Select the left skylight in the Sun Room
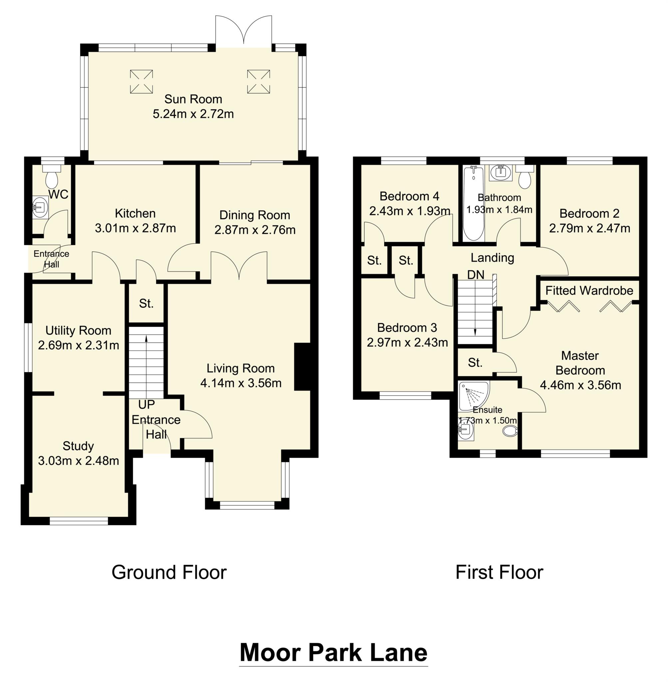pos(142,81)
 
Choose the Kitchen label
pos(135,213)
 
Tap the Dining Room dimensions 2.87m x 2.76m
pos(255,230)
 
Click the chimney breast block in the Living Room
pos(302,366)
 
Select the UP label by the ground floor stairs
pos(146,405)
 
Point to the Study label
pos(78,446)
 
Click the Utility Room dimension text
pos(79,345)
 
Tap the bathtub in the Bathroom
pos(474,204)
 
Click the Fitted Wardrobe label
pos(589,290)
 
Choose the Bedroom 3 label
pos(407,328)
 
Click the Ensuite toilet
pos(510,431)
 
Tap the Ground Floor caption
pos(169,572)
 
